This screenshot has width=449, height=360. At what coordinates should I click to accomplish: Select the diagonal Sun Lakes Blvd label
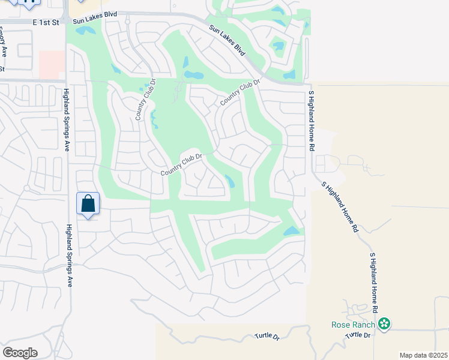pos(228,41)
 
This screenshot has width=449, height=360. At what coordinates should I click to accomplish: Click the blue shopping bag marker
pos(88,203)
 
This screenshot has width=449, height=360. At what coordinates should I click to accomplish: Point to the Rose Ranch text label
pos(353,325)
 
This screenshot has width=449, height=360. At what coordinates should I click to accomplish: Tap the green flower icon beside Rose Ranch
pos(384,325)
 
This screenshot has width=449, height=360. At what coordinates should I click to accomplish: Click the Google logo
pos(20,352)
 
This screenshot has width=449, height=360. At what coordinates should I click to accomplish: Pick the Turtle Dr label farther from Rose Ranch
pos(267,337)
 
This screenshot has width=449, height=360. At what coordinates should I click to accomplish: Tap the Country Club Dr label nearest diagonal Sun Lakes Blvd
pos(241,92)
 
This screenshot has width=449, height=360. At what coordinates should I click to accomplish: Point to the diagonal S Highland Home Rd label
pos(340,207)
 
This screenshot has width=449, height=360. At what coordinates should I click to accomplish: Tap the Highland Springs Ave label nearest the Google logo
pos(70,255)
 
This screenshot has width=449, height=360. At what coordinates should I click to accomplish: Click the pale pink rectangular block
pos(52,64)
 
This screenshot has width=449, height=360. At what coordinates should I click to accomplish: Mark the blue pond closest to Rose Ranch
pos(292,231)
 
